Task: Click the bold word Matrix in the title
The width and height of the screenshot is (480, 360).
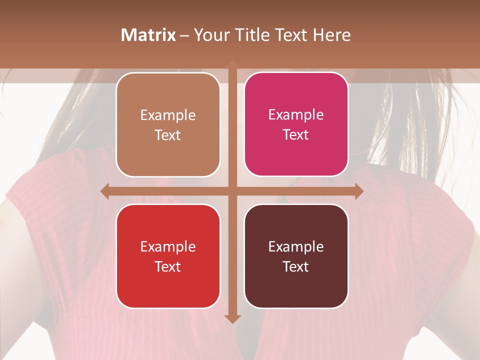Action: [148, 35]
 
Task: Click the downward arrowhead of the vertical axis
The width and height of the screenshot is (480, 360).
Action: [232, 318]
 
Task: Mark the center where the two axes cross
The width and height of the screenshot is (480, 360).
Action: [232, 191]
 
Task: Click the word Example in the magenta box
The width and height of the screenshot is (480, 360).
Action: [296, 114]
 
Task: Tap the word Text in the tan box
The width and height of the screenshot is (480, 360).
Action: [168, 135]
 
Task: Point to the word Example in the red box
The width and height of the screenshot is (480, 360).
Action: [168, 246]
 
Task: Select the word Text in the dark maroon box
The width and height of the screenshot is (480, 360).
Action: [296, 266]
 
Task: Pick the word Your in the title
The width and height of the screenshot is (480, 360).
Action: [210, 35]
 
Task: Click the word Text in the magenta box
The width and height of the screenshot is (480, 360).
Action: [296, 134]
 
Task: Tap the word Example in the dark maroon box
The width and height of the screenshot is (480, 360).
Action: [296, 246]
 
